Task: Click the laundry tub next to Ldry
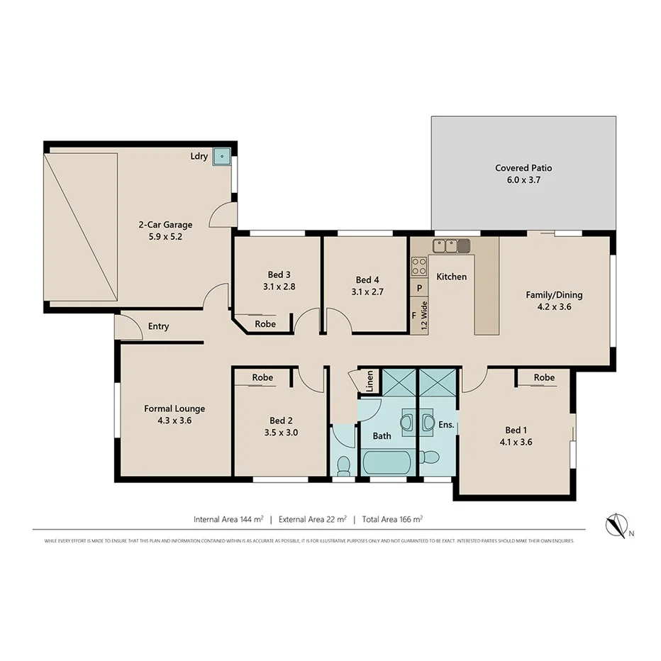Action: point(223,156)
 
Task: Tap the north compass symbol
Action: point(616,525)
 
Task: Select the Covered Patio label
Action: point(523,168)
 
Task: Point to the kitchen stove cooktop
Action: point(419,266)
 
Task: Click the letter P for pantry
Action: point(419,289)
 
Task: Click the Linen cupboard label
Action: point(370,382)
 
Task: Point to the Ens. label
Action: point(445,426)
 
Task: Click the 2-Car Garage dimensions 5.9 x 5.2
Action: point(165,237)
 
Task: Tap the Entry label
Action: point(158,326)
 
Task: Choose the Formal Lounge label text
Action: point(174,409)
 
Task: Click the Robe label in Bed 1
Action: point(544,377)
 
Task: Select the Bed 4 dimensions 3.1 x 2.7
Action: point(367,291)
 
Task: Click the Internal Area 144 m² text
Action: point(228,519)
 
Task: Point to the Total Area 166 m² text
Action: point(392,519)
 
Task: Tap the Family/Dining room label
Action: point(554,294)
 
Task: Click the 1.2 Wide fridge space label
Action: point(424,317)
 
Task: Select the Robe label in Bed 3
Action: point(265,323)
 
